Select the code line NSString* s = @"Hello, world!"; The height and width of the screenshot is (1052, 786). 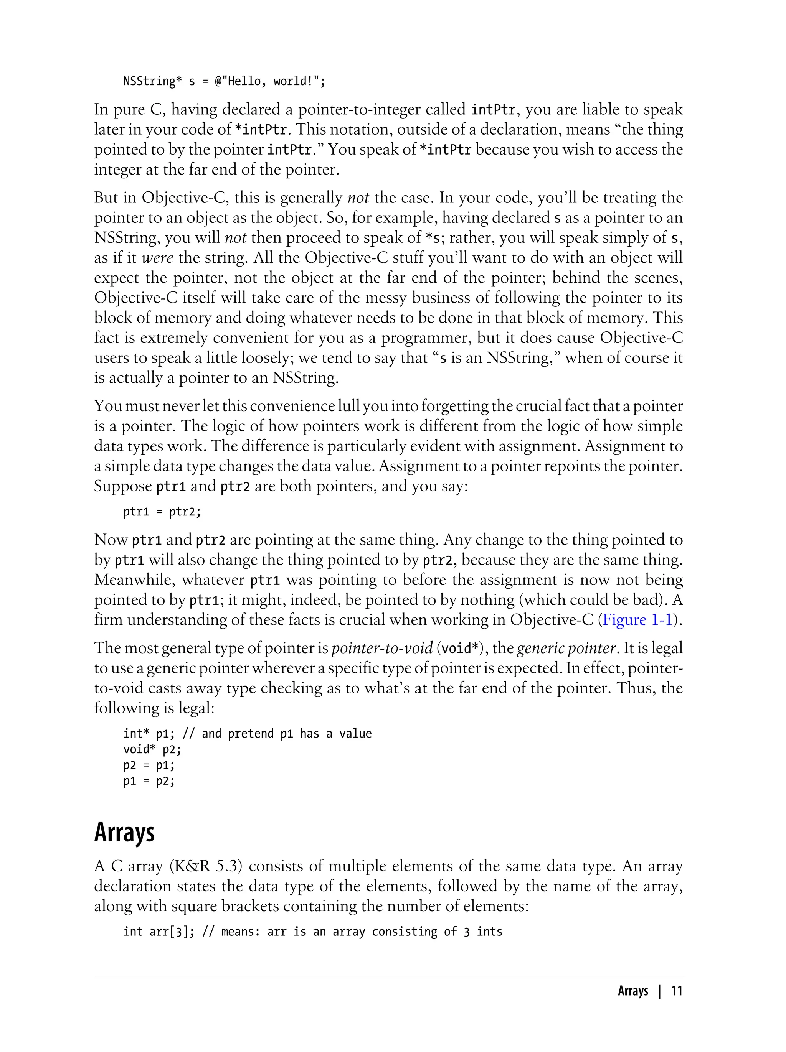point(224,81)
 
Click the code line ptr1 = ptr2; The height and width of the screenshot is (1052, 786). point(162,512)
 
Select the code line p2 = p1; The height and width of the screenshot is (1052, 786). point(149,766)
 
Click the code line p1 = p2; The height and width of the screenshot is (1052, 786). point(149,781)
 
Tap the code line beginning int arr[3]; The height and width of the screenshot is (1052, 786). point(312,931)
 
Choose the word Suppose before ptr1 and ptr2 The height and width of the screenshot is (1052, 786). point(123,486)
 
